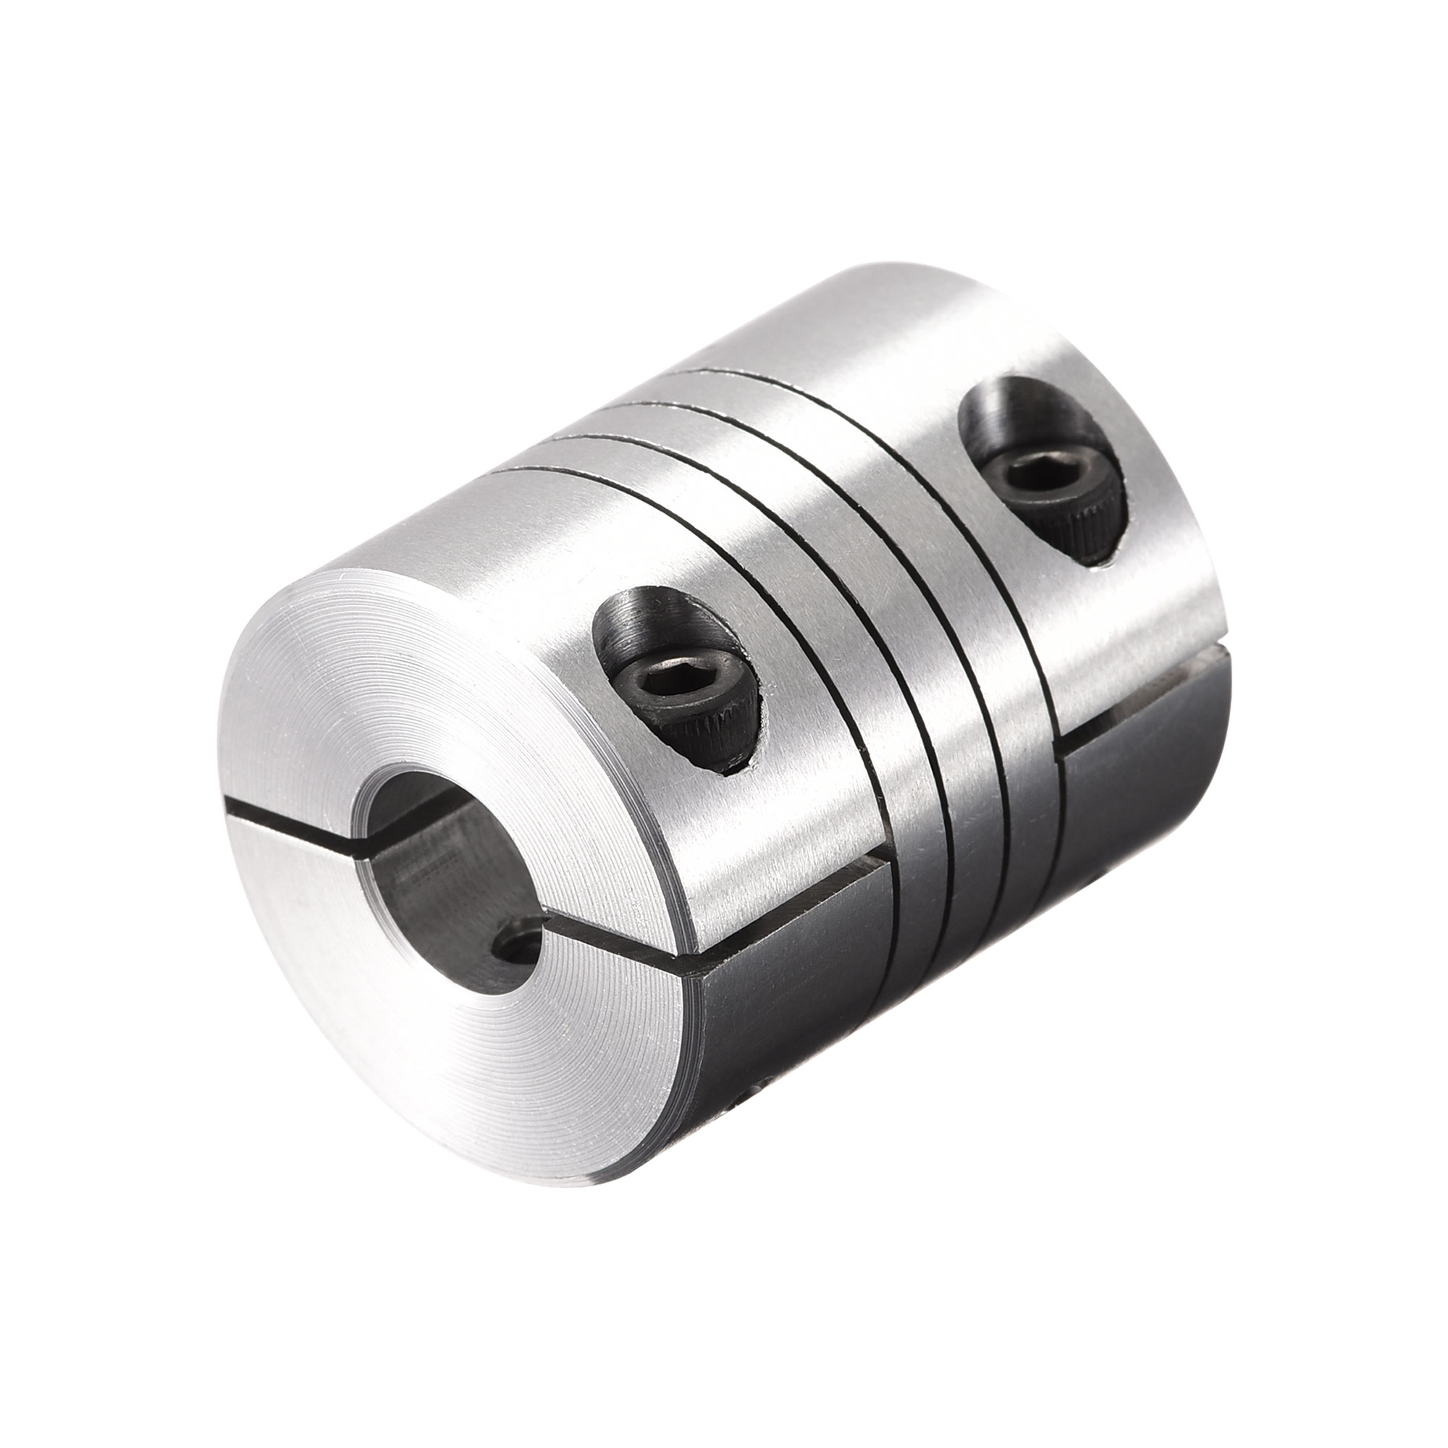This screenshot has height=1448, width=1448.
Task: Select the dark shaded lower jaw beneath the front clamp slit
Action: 794,997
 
